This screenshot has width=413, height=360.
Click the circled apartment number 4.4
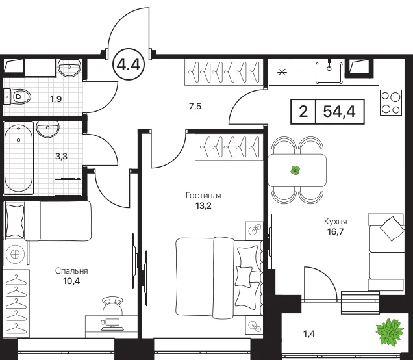click(129, 64)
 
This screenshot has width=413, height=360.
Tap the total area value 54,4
click(339, 112)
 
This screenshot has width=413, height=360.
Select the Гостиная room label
click(203, 196)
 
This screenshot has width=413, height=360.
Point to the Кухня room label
click(335, 222)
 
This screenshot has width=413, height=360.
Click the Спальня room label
click(71, 271)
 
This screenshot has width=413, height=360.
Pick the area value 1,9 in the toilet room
click(56, 99)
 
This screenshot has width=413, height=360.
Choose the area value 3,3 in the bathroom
click(62, 157)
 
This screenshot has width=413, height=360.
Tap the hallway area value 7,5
click(195, 106)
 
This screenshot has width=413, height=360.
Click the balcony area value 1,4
click(309, 334)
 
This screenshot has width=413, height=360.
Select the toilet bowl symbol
click(18, 96)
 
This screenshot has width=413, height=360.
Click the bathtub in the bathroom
click(19, 159)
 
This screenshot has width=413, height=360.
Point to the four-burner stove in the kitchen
click(391, 103)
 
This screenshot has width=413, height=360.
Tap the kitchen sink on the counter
click(329, 73)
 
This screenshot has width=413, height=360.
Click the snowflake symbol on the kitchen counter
click(282, 72)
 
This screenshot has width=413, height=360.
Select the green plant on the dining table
click(295, 170)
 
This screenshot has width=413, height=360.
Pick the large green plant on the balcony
click(390, 331)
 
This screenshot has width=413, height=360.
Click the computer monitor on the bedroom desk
click(112, 322)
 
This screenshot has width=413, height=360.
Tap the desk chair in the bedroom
click(113, 305)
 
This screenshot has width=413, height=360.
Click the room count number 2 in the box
click(303, 112)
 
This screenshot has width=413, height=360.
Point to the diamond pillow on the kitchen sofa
click(392, 228)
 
